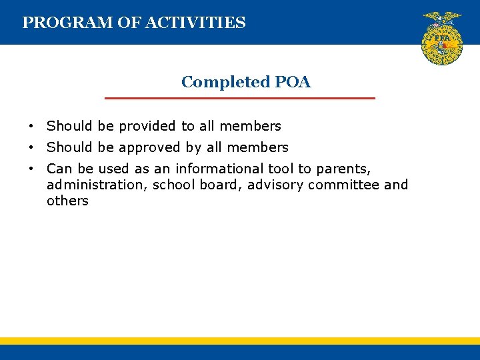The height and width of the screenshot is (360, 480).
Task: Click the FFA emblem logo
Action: click(x=442, y=38)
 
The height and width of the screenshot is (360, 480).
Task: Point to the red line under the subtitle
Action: click(x=240, y=98)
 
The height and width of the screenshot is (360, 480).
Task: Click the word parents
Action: click(x=346, y=169)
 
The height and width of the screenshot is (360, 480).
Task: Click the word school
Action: click(x=174, y=185)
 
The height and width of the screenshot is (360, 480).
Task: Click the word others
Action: click(x=67, y=201)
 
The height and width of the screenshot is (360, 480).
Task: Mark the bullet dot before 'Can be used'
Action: click(x=31, y=169)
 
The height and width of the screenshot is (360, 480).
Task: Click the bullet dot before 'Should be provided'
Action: click(x=31, y=127)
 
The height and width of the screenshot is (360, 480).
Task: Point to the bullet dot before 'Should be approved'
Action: click(x=31, y=148)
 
